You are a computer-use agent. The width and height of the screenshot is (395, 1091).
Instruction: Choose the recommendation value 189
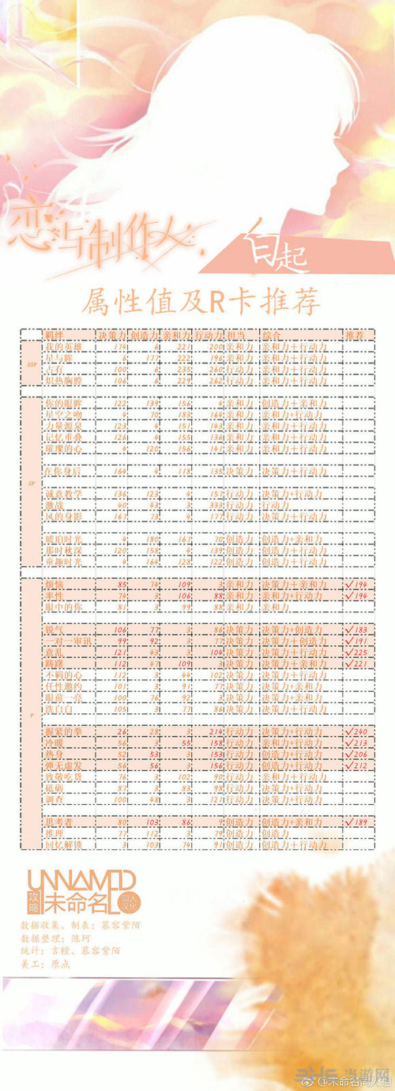point(359,822)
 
